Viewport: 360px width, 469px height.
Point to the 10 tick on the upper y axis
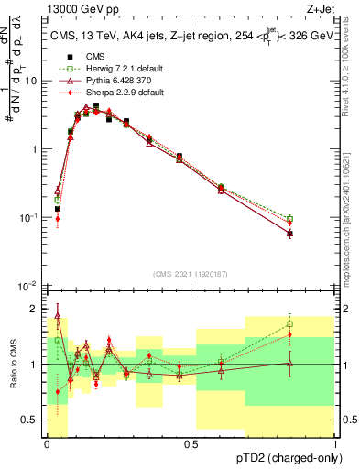31,81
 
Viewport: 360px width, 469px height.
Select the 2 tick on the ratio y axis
33,308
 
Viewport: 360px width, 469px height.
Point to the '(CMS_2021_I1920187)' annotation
190,274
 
